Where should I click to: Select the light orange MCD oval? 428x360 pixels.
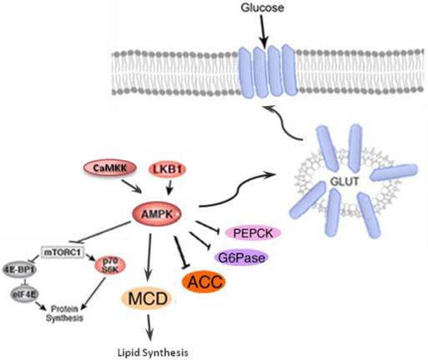pos(148,299)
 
